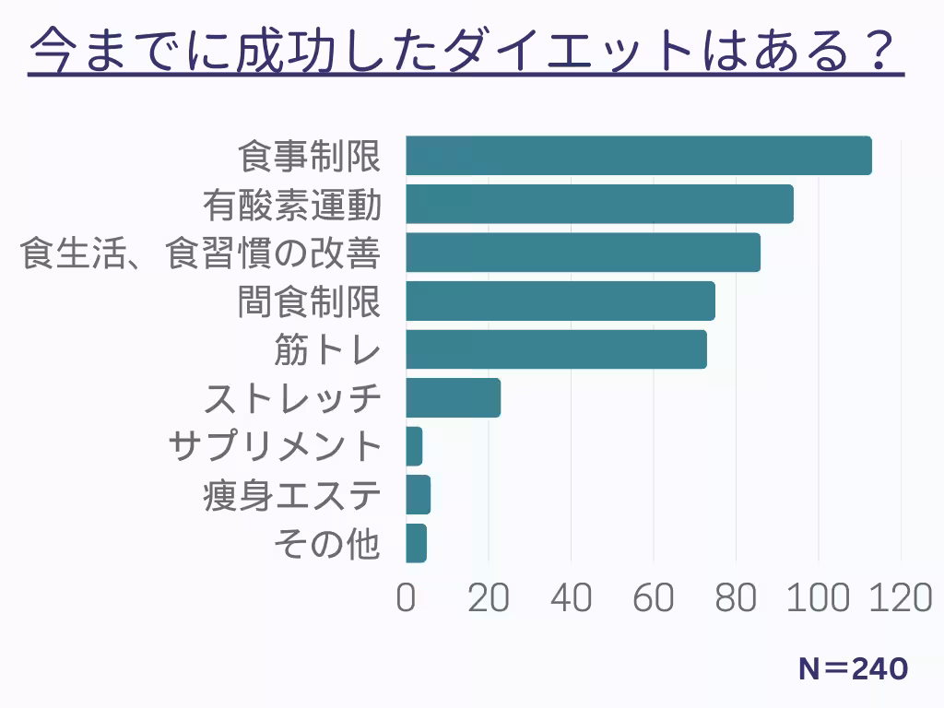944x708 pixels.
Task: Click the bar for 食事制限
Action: (x=638, y=156)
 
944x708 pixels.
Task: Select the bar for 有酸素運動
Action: (x=599, y=204)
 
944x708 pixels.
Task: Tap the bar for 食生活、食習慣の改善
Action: (x=583, y=253)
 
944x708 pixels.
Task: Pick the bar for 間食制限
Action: (x=560, y=301)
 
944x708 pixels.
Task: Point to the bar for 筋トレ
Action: (x=556, y=349)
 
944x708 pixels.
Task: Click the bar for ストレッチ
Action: (x=453, y=397)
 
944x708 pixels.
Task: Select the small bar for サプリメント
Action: (x=414, y=446)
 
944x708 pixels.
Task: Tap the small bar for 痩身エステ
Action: (x=418, y=495)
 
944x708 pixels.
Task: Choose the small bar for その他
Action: (x=416, y=543)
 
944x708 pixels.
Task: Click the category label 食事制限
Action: (x=310, y=156)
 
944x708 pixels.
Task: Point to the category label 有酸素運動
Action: (x=292, y=205)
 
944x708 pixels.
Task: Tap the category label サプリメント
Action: (x=275, y=447)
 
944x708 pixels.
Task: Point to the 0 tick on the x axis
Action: (x=406, y=598)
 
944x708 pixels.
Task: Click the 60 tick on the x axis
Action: (x=653, y=598)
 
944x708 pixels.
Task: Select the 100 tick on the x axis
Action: (x=817, y=598)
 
